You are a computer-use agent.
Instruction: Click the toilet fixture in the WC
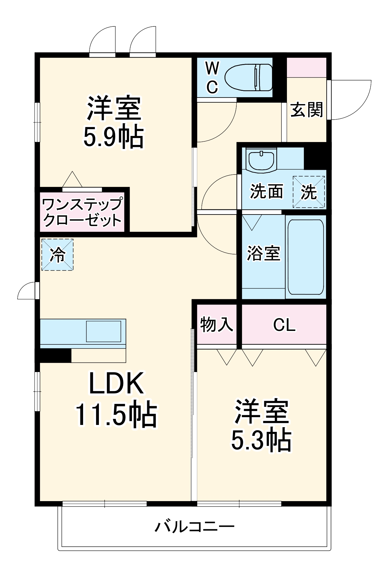(x=249, y=77)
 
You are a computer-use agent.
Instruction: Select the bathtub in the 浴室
(x=306, y=257)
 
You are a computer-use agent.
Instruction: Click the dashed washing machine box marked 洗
(x=309, y=192)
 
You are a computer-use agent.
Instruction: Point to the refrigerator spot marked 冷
(x=58, y=254)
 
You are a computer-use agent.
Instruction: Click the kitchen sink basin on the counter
(x=104, y=331)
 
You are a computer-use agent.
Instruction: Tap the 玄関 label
(x=306, y=110)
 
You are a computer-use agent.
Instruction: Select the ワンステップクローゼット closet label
(x=83, y=212)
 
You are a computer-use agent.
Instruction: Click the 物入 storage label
(x=216, y=324)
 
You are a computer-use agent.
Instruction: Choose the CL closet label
(x=284, y=325)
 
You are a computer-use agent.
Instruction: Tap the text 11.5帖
(x=116, y=415)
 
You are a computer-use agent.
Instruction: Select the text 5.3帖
(x=261, y=440)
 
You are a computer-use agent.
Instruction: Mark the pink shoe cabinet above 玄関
(x=306, y=67)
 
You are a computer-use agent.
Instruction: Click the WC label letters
(x=212, y=78)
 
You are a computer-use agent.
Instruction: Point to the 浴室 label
(x=263, y=253)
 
